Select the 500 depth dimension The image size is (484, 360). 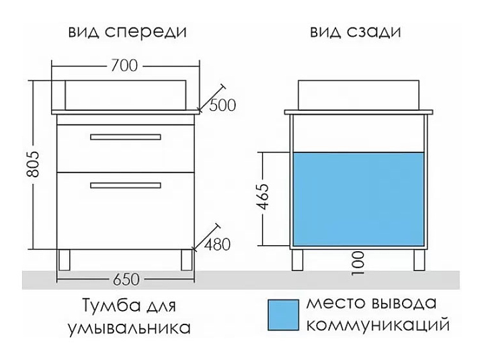click(223, 105)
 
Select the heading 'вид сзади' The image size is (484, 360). click(357, 32)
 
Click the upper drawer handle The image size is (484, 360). click(126, 137)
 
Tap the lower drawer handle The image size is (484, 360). click(126, 184)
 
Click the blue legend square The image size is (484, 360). click(283, 314)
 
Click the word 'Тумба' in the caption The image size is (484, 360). click(101, 306)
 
